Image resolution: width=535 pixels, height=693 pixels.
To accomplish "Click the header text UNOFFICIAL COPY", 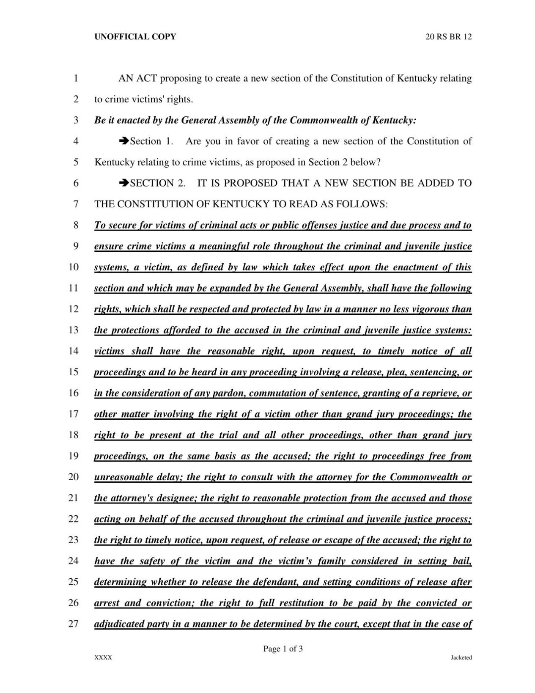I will click(x=135, y=37).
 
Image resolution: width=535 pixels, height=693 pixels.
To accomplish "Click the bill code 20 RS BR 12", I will click(x=448, y=37).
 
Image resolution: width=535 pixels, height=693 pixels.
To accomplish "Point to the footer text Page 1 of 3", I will click(x=283, y=649).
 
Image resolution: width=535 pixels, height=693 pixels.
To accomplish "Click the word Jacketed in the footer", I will click(x=461, y=657).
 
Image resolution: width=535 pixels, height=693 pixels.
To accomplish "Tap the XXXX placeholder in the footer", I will click(x=103, y=657).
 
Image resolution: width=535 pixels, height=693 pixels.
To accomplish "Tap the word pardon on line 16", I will click(x=231, y=393).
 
